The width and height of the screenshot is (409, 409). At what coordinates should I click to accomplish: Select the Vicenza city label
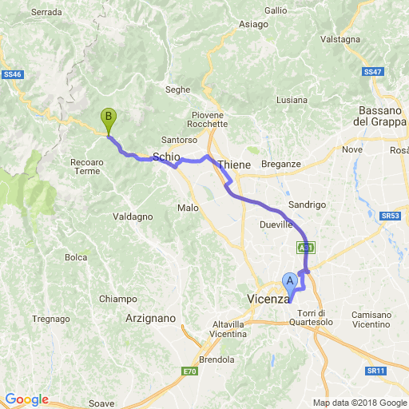(x=267, y=299)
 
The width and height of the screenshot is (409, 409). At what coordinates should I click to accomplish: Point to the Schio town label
(x=165, y=157)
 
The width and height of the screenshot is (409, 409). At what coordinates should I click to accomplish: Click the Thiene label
(x=234, y=164)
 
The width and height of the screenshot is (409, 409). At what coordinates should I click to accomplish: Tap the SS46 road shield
(x=12, y=73)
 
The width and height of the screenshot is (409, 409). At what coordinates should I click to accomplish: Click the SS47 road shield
(x=372, y=71)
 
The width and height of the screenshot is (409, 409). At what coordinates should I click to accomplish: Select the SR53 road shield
(x=390, y=216)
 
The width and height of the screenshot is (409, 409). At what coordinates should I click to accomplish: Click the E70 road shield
(x=189, y=371)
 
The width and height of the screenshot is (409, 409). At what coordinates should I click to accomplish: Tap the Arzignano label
(x=150, y=318)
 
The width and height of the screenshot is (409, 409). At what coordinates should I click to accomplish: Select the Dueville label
(x=276, y=225)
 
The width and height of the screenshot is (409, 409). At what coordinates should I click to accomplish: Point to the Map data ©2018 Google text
(x=359, y=402)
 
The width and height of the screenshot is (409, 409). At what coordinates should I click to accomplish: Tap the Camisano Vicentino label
(x=376, y=320)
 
